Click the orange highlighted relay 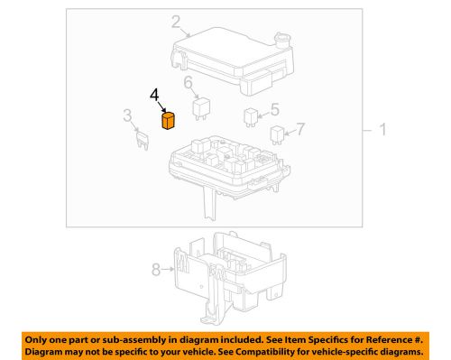coord(168,121)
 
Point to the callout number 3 coord(129,113)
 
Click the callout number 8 coord(157,268)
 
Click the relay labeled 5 coord(252,115)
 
